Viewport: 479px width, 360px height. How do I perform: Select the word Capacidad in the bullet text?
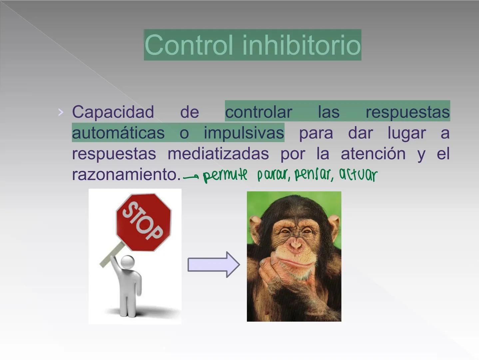[113, 112]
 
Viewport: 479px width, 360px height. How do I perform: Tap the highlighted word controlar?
[258, 112]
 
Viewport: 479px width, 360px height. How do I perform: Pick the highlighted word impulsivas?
[244, 133]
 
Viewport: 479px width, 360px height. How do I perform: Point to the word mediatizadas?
[218, 154]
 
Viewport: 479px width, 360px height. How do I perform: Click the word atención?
[373, 154]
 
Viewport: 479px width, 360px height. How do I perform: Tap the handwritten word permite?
[225, 175]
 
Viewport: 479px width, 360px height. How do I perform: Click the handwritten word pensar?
[313, 175]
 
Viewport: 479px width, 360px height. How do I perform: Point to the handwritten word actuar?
[358, 175]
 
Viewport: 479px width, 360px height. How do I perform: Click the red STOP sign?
[143, 221]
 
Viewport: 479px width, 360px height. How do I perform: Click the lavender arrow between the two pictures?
[213, 265]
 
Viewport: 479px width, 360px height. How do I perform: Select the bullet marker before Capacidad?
[60, 112]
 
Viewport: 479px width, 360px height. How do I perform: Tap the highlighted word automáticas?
[118, 133]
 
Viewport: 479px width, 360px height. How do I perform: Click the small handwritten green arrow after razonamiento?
[191, 177]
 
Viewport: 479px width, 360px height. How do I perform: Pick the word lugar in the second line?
[407, 133]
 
